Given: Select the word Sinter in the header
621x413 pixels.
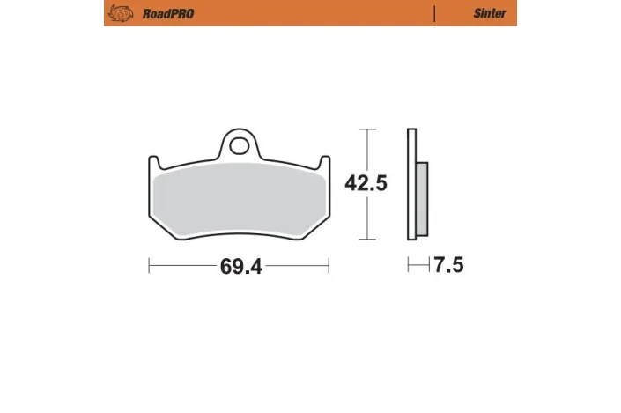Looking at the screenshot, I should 491,13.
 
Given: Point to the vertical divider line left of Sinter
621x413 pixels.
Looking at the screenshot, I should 435,13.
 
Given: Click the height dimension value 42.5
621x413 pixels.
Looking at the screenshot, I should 365,183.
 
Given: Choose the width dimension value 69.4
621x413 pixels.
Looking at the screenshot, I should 239,264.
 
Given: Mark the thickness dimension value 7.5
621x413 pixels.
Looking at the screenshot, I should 447,264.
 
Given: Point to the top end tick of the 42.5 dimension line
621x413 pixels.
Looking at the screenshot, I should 365,129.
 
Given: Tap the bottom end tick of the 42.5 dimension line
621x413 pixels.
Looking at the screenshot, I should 365,240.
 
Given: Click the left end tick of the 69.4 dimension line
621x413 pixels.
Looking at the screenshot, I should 149,264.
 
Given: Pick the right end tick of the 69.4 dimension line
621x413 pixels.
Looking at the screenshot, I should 329,264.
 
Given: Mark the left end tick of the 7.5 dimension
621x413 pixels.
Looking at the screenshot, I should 407,264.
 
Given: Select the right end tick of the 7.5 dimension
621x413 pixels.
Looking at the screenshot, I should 427,264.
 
